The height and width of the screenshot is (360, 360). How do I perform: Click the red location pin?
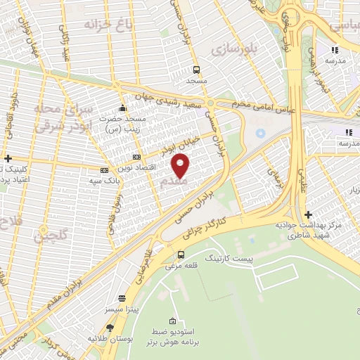(181, 166)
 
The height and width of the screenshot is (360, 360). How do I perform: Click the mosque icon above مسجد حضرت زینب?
(122, 108)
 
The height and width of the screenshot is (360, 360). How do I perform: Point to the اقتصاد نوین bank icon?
(136, 157)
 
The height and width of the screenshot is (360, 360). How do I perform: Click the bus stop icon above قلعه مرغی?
(181, 255)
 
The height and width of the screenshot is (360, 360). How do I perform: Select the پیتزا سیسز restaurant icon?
(122, 298)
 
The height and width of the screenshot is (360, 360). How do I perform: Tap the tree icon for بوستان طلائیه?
(110, 328)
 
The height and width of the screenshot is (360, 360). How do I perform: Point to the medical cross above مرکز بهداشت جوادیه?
(308, 214)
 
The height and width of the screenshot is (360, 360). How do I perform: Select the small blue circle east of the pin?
(261, 132)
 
